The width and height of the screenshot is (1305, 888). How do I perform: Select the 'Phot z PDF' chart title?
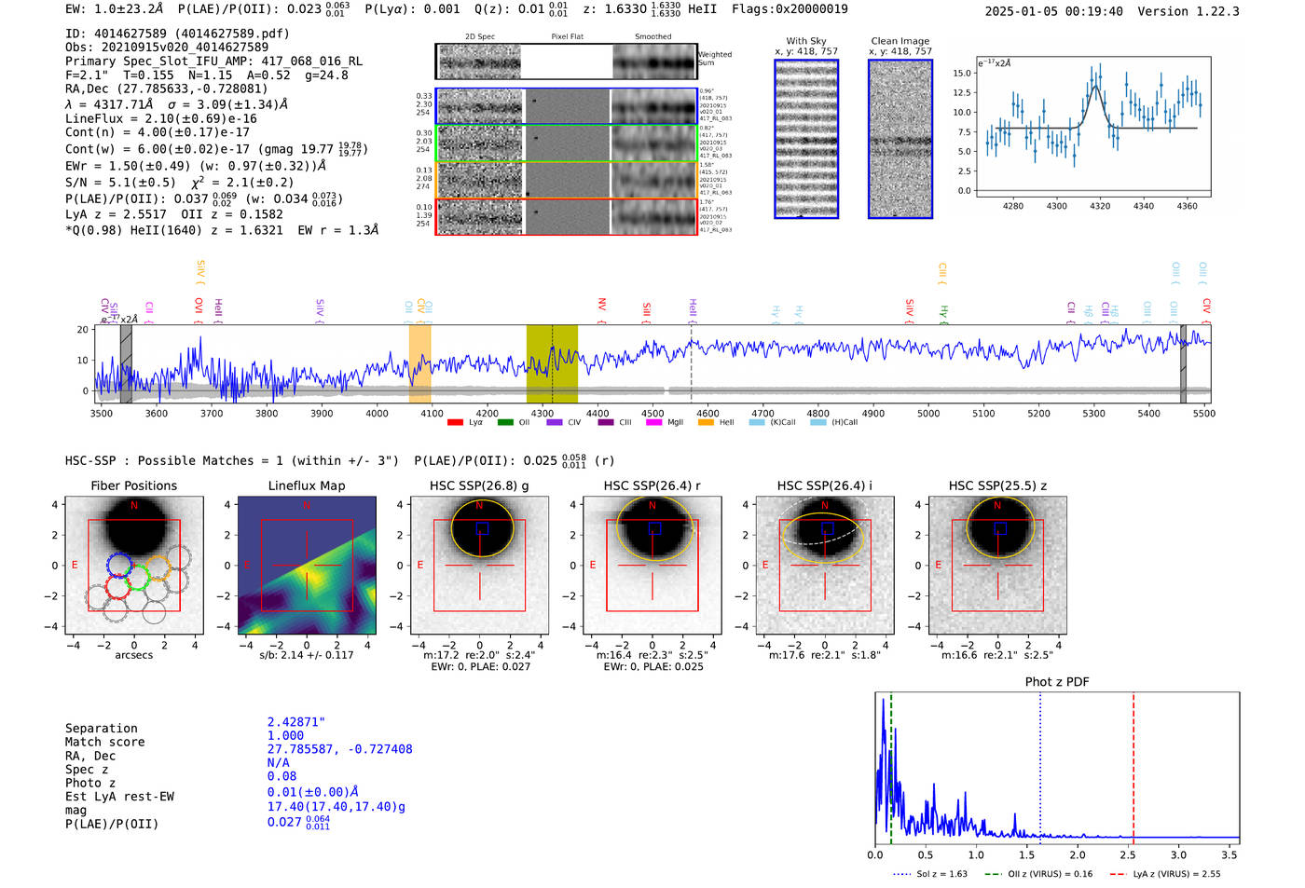click(x=1057, y=682)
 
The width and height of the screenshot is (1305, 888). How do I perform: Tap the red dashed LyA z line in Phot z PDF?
click(x=1133, y=764)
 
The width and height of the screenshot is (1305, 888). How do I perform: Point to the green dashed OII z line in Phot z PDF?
click(x=891, y=764)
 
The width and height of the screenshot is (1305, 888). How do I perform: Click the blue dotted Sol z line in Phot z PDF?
click(x=1040, y=764)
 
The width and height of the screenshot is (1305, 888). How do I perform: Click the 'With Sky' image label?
click(x=805, y=41)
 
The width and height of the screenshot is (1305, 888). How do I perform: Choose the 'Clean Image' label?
click(x=900, y=41)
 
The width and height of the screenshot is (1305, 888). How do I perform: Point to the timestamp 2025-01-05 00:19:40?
click(x=1053, y=11)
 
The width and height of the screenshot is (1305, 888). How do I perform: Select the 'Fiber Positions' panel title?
click(x=133, y=485)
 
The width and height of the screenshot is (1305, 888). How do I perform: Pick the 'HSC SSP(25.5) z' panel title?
click(x=997, y=485)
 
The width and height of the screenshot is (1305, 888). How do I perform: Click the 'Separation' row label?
click(x=101, y=729)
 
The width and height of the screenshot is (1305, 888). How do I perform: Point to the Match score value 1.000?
click(x=285, y=735)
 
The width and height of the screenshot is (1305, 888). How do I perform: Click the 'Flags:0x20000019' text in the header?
click(x=790, y=9)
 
